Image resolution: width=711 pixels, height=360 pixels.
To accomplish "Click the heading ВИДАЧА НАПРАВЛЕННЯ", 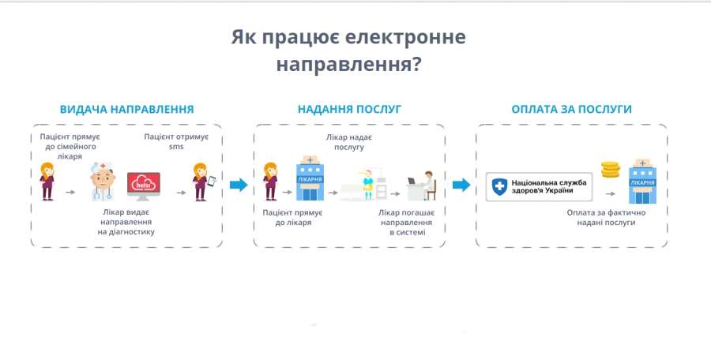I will pyautogui.click(x=126, y=109).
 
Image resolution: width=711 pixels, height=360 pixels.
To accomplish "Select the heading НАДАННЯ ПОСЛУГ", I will pyautogui.click(x=349, y=109).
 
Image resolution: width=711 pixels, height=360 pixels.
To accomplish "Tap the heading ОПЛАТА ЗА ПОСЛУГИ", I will pyautogui.click(x=571, y=109).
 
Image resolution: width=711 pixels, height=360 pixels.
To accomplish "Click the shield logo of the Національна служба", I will pyautogui.click(x=499, y=187).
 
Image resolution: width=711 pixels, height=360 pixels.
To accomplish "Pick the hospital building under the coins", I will pyautogui.click(x=641, y=183).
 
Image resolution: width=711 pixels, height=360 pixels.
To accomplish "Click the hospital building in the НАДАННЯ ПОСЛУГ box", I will pyautogui.click(x=309, y=181).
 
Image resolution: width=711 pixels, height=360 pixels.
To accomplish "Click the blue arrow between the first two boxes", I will pyautogui.click(x=238, y=186).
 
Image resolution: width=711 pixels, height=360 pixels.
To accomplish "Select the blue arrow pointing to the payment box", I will pyautogui.click(x=461, y=186).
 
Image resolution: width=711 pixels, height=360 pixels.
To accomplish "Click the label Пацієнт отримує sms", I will pyautogui.click(x=175, y=141).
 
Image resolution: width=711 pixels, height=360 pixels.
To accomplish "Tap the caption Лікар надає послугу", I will pyautogui.click(x=349, y=141).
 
